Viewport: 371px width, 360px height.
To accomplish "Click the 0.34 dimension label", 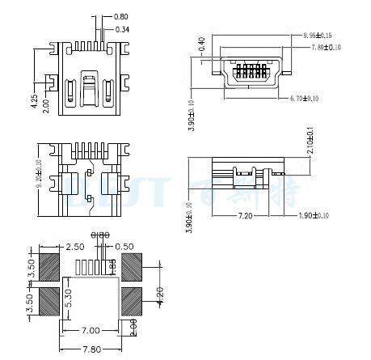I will pyautogui.click(x=122, y=29).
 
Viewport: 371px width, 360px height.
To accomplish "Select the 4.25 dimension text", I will pyautogui.click(x=34, y=102).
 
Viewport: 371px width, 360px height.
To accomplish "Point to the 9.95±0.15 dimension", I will pyautogui.click(x=317, y=36).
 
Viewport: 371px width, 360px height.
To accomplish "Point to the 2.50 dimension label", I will pyautogui.click(x=75, y=246).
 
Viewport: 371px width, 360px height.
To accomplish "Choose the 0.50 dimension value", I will pyautogui.click(x=124, y=246).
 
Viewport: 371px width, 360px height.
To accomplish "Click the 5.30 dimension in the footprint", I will pyautogui.click(x=69, y=301).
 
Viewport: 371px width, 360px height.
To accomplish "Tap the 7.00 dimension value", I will pyautogui.click(x=91, y=330).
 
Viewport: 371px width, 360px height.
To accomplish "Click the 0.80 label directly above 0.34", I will pyautogui.click(x=121, y=16).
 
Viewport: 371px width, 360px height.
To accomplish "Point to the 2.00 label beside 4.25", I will pyautogui.click(x=46, y=104).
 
